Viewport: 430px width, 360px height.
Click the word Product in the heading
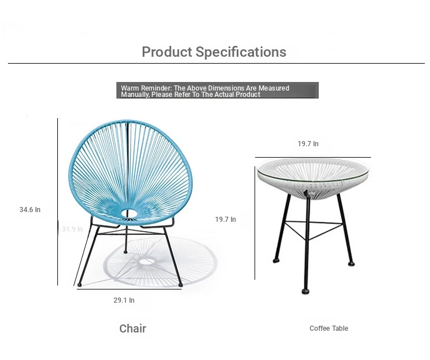click(x=167, y=52)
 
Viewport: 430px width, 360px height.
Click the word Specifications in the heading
click(x=241, y=52)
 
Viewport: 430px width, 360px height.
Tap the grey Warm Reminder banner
click(x=217, y=90)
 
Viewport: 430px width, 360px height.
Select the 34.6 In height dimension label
click(x=30, y=210)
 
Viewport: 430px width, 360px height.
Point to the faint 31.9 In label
click(x=72, y=229)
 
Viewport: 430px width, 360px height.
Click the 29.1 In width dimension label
click(x=124, y=300)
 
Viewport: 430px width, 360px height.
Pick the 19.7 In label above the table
click(x=308, y=144)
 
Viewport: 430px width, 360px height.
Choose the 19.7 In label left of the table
click(x=225, y=220)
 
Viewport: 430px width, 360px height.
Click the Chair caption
click(x=133, y=328)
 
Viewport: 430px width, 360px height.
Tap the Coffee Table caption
click(x=329, y=328)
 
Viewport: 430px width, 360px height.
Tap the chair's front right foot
click(x=181, y=285)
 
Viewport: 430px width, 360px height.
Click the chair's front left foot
click(x=80, y=285)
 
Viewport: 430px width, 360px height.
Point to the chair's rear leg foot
click(x=126, y=252)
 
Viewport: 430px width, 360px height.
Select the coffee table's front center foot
click(x=305, y=291)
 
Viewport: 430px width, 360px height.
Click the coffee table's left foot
click(x=276, y=260)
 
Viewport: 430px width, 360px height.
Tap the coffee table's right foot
click(x=351, y=264)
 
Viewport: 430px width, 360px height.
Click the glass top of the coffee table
click(x=313, y=170)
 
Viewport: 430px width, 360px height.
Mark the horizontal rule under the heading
click(x=216, y=63)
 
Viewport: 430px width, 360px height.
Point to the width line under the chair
click(x=129, y=289)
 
